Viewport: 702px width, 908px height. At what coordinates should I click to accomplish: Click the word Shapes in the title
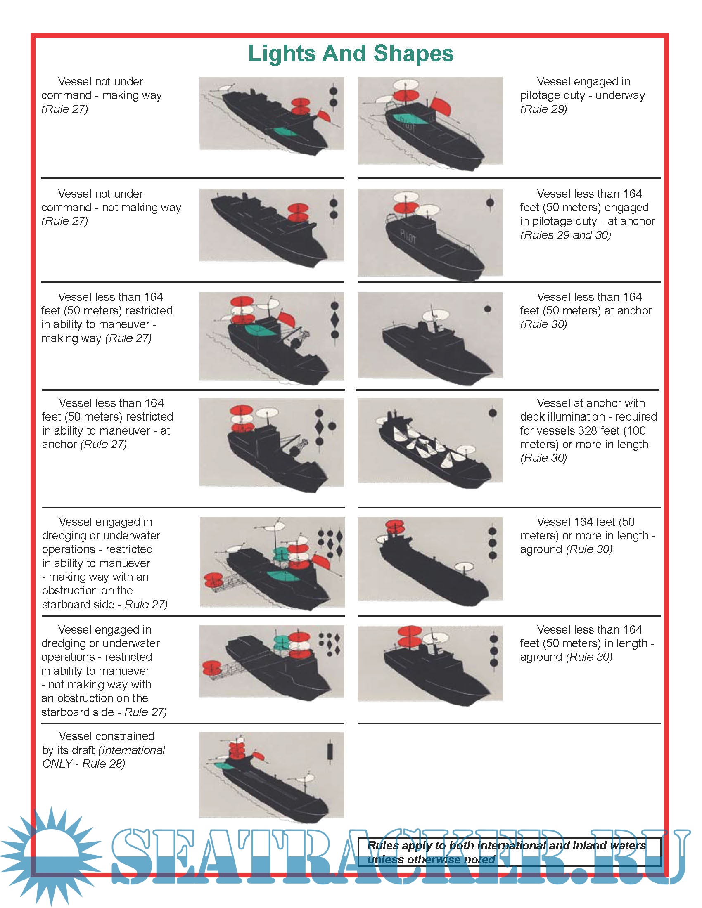(413, 54)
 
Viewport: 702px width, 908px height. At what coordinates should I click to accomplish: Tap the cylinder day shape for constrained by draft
(331, 751)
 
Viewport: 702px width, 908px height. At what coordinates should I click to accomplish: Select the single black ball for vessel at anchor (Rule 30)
(488, 309)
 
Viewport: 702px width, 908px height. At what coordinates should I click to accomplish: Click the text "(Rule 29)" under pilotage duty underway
(543, 109)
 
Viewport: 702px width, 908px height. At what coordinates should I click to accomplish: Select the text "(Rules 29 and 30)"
(566, 235)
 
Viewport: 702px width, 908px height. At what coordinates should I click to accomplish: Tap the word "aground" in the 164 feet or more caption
(541, 550)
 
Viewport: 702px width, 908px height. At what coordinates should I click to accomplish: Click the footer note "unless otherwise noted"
(431, 859)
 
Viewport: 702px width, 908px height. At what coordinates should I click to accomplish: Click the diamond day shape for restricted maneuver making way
(335, 320)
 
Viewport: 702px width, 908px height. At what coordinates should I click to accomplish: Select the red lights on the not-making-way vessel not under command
(298, 212)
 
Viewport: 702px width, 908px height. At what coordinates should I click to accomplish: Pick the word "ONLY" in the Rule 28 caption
(57, 764)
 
